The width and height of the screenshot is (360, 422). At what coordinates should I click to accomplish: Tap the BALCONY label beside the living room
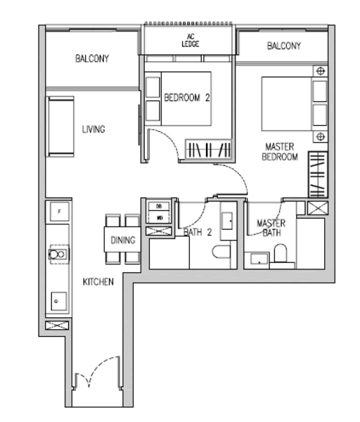(92, 59)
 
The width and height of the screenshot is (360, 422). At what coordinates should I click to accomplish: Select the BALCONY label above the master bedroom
(283, 46)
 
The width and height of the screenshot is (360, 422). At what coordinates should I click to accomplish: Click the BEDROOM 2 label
(187, 98)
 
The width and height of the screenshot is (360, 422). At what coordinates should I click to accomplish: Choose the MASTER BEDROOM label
(279, 152)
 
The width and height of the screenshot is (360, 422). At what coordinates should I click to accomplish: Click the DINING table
(122, 240)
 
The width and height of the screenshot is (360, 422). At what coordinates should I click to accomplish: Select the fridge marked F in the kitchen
(60, 211)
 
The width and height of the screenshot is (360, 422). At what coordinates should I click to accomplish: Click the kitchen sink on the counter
(58, 254)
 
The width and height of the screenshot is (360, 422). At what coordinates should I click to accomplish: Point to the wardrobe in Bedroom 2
(207, 150)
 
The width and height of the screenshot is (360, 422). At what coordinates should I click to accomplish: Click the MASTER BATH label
(271, 228)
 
